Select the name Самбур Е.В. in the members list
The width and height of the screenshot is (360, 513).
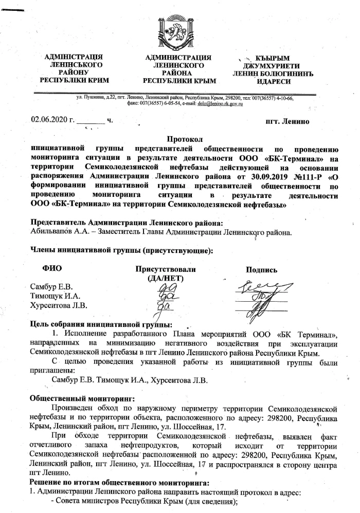pos(52,286)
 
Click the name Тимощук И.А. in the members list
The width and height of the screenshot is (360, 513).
pos(56,296)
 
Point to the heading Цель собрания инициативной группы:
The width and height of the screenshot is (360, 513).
pos(101,323)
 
